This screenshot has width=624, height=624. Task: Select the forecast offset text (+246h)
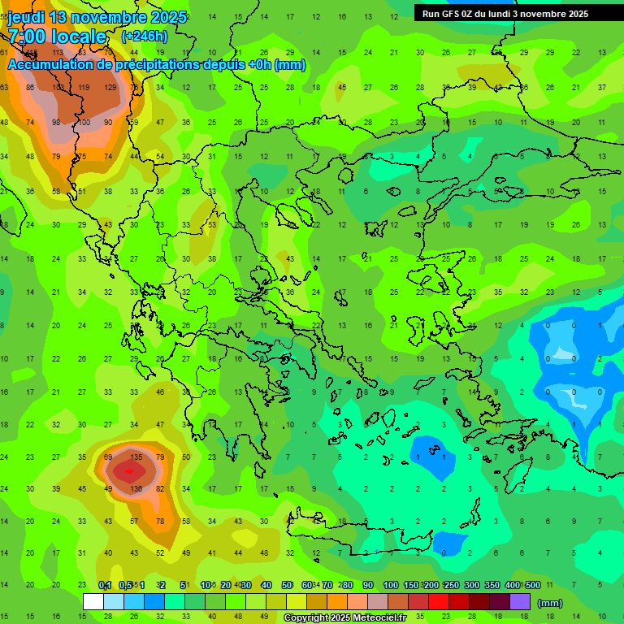coord(145,37)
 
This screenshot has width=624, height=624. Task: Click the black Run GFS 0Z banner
coord(505,13)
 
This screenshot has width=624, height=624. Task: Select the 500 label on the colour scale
coord(532,586)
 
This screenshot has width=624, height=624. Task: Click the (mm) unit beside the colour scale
coord(550,603)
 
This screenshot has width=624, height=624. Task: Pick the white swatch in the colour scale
coord(93,602)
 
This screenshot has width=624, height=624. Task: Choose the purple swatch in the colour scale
coord(520,602)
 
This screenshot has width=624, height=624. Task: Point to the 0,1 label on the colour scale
coord(105,586)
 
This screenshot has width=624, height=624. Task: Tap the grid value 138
coord(136,489)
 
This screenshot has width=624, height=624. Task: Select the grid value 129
coord(110,87)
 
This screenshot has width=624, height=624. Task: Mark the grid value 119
coord(83,87)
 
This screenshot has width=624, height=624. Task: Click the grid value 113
coord(58,87)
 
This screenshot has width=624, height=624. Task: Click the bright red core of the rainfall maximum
coord(126,470)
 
